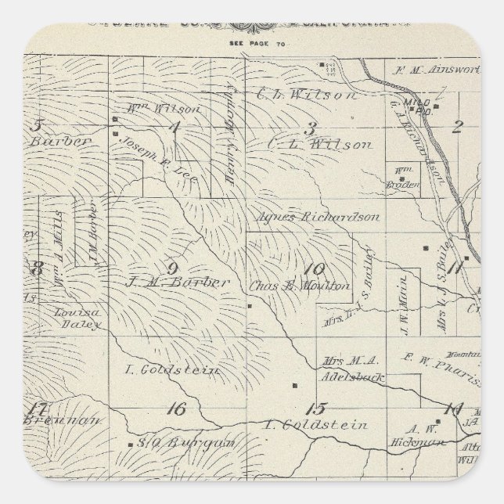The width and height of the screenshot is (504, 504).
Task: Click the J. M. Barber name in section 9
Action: [178, 281]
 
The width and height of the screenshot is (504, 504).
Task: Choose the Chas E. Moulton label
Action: [300, 286]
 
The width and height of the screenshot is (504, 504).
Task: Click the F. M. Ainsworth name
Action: [438, 69]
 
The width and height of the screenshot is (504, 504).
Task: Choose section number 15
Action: [315, 408]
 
